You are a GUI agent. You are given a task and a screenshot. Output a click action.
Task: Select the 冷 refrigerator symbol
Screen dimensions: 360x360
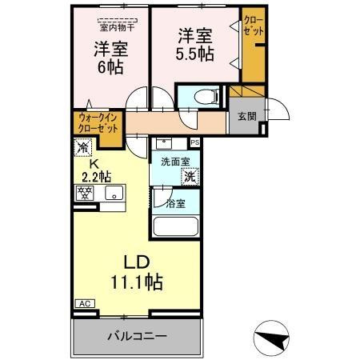(x=83, y=148)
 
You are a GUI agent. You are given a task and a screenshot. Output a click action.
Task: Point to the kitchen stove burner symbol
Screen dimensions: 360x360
(x=84, y=192)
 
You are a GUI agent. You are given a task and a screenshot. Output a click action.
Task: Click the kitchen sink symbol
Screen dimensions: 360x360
(x=113, y=192)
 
